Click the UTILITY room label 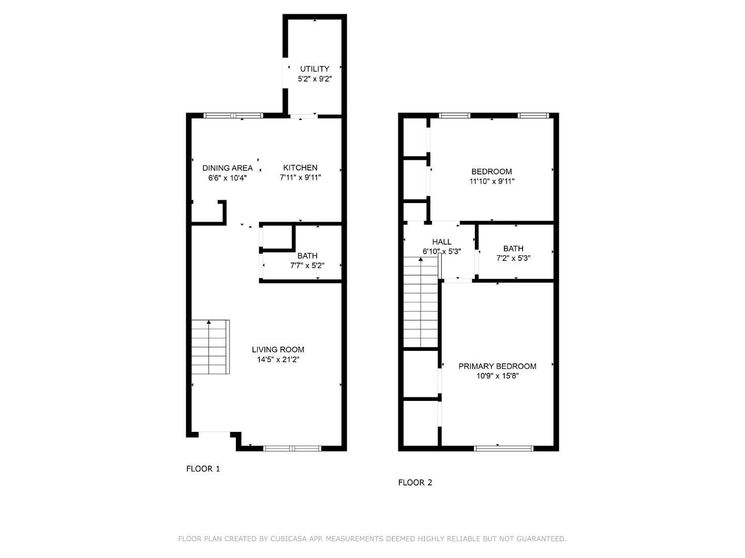click(x=315, y=69)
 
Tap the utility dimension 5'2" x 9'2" click(x=315, y=79)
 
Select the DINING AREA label click(x=227, y=168)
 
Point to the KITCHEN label click(x=300, y=167)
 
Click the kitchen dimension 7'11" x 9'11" click(x=300, y=178)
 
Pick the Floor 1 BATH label click(x=307, y=256)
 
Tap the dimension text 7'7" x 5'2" click(x=307, y=266)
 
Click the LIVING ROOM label click(x=278, y=350)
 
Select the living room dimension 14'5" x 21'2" click(x=278, y=360)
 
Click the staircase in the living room click(x=210, y=347)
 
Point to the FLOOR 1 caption click(x=203, y=469)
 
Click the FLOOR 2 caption click(x=415, y=483)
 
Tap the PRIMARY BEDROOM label click(x=497, y=366)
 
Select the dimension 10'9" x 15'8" click(x=497, y=376)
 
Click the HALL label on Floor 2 click(x=441, y=242)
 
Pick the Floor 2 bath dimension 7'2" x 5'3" click(x=513, y=258)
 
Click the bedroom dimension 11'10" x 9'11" click(x=491, y=181)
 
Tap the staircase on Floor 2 click(x=421, y=305)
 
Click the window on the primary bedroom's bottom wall click(x=503, y=448)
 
